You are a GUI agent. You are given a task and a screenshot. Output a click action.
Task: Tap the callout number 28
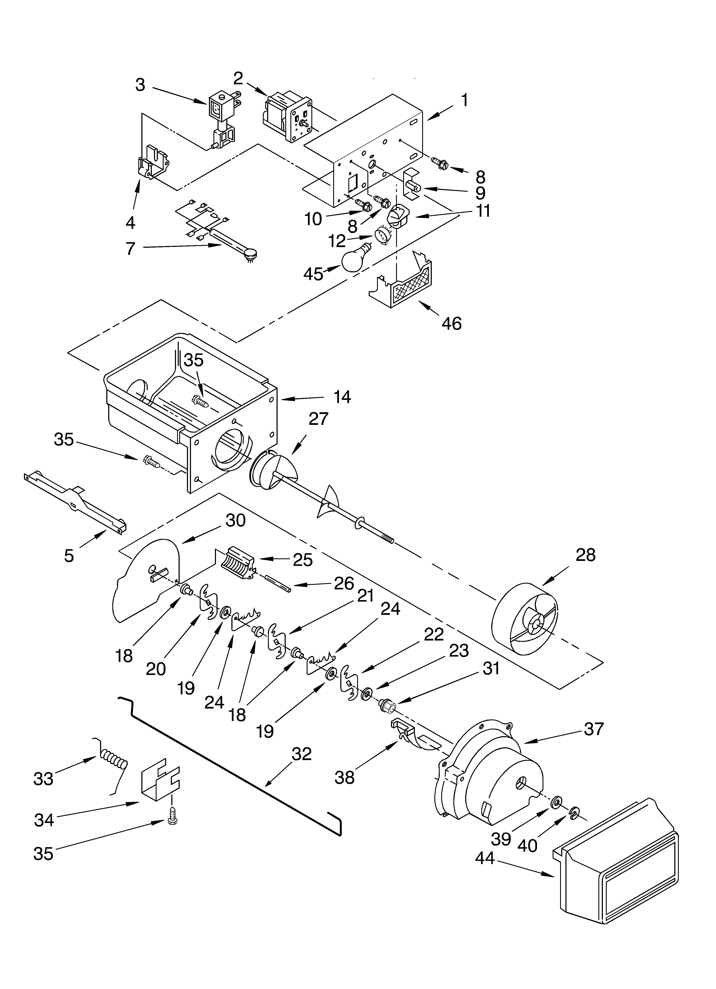coord(585,555)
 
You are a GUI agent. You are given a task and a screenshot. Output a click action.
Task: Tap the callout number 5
coord(69,556)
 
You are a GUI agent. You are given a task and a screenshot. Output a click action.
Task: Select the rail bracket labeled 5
coord(74,501)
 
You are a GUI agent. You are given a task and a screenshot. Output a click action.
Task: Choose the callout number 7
coord(130,249)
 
